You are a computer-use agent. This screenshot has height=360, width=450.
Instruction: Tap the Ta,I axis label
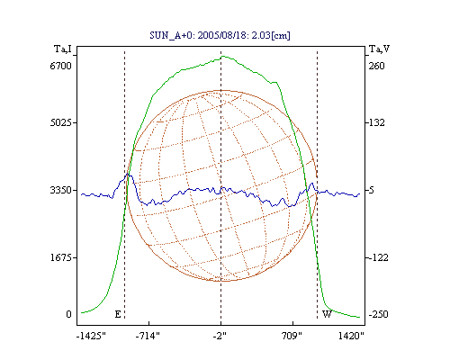63,49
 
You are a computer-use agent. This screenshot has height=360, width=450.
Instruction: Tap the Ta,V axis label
379,49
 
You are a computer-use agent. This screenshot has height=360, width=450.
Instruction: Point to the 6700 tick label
60,66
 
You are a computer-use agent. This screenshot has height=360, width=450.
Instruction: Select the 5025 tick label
60,122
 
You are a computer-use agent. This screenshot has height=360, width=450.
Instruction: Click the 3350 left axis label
60,190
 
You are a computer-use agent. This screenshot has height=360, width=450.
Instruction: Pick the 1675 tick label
60,257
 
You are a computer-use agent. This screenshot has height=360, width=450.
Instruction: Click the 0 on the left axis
68,314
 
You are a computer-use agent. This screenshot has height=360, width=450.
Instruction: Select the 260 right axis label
376,66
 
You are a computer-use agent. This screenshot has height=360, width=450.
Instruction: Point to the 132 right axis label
376,122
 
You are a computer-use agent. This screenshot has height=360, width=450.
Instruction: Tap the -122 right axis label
378,257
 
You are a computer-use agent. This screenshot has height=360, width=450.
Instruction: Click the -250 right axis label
378,314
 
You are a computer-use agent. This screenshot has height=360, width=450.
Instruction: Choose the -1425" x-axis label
91,336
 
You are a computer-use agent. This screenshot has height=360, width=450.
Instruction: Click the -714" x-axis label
148,336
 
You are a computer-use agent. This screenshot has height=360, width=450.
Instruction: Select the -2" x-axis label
220,336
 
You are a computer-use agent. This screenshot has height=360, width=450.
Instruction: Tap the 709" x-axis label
292,336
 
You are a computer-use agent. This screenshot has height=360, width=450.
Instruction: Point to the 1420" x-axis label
351,336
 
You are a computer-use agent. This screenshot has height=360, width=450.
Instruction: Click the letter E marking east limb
118,314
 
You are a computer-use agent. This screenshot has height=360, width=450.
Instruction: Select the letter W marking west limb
327,314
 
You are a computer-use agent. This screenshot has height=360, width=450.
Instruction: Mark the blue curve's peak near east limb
128,174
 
